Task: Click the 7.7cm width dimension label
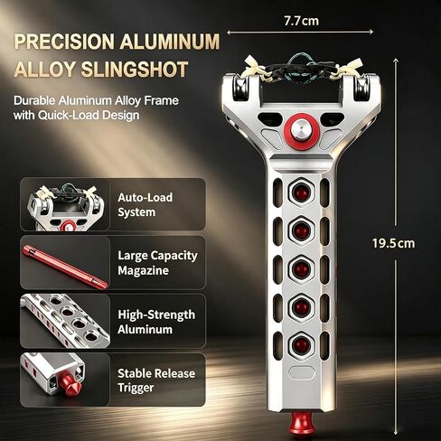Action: click(301, 21)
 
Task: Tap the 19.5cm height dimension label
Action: click(393, 243)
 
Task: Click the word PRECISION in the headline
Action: click(64, 42)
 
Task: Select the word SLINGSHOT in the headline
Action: click(135, 70)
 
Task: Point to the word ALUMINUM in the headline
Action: click(170, 42)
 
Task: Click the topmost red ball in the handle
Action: click(302, 192)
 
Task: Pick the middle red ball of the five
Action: click(302, 267)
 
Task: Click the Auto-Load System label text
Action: click(145, 205)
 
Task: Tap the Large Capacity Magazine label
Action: click(157, 263)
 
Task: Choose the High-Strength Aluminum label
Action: click(156, 322)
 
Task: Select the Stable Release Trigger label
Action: click(156, 380)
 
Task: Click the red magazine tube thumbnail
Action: click(65, 267)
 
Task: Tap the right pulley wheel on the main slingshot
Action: click(361, 88)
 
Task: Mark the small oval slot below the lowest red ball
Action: click(302, 372)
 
